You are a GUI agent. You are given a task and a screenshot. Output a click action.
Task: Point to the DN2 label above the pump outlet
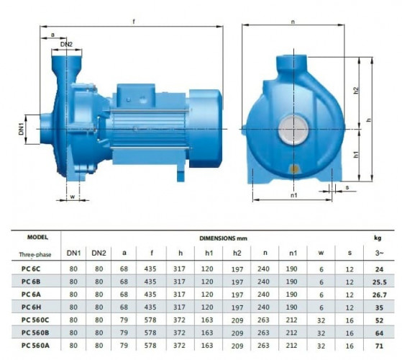[66, 45]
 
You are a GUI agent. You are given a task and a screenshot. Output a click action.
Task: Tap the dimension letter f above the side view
[134, 22]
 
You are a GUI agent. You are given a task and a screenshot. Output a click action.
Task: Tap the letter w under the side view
[72, 195]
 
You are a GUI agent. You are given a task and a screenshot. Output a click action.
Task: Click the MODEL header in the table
[37, 236]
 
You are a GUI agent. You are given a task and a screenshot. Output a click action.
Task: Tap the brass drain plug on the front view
[294, 170]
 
